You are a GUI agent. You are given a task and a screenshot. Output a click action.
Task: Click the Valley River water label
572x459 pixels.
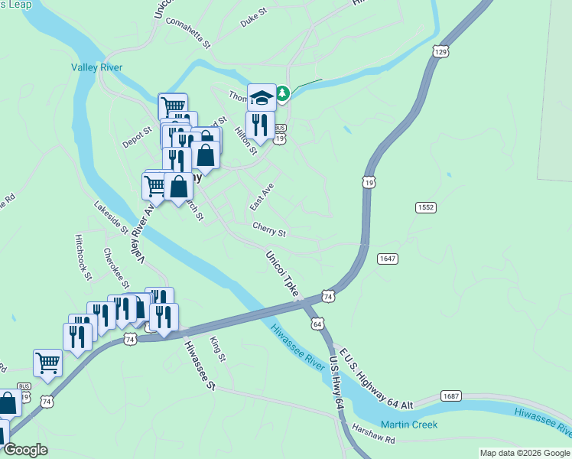(97, 67)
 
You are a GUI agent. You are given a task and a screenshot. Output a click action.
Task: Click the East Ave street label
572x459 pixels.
(262, 197)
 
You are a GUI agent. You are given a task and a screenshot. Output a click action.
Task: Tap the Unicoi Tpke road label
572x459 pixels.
(282, 274)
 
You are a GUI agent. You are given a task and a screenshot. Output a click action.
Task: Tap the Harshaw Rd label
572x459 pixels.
(374, 440)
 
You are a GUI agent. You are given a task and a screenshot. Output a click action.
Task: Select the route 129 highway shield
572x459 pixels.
(439, 52)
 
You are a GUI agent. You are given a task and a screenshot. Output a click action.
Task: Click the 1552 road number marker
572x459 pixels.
(426, 208)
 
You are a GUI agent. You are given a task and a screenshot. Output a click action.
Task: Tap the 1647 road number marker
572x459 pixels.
(388, 259)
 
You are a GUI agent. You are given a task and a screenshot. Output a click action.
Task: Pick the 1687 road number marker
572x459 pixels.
(451, 396)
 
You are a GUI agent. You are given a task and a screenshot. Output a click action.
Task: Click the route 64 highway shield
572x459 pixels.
(317, 324)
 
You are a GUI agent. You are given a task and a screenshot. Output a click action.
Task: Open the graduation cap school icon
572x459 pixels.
(262, 97)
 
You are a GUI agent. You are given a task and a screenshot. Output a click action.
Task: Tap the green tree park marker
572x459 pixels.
(283, 93)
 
